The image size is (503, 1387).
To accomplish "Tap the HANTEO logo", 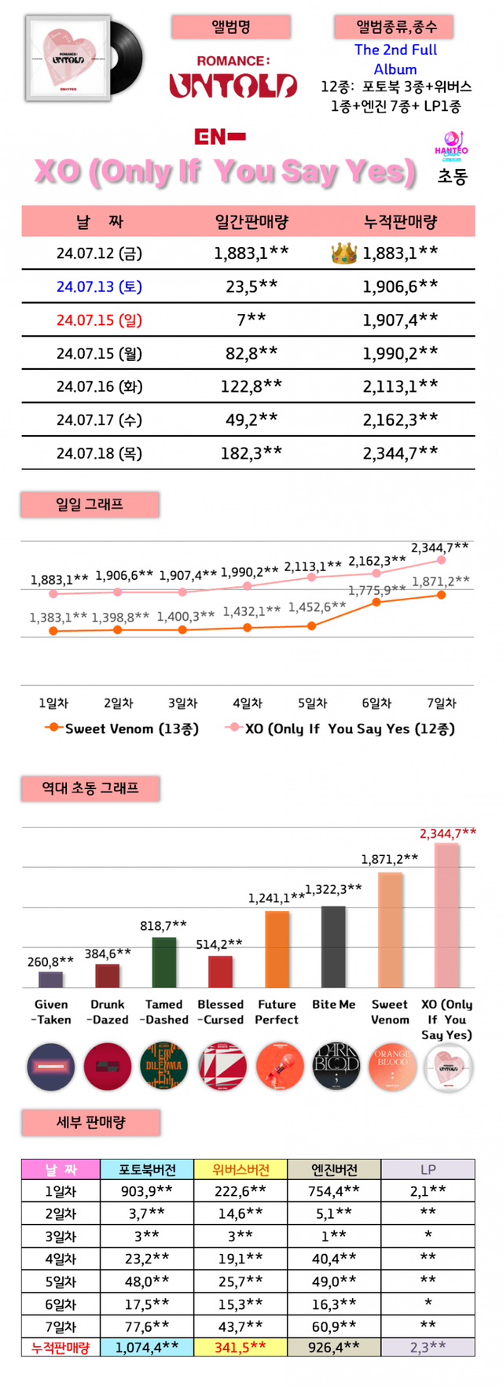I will pos(451,146).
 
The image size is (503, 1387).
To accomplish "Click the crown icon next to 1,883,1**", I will pos(343,253).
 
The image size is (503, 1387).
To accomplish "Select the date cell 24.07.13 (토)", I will pos(99,286).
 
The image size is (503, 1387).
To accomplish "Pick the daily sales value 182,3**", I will pos(251,453).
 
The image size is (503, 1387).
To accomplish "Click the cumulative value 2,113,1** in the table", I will pos(400,386).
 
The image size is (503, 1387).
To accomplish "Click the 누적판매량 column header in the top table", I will pos(400,222).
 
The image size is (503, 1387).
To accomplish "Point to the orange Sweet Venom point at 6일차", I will pos(376,602).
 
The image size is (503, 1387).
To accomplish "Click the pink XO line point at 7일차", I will pos(442,560).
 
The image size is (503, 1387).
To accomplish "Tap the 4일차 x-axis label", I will pos(247,703).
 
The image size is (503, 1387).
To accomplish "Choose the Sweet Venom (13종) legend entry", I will pos(122,729).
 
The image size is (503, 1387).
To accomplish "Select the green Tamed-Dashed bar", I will pos(163,962).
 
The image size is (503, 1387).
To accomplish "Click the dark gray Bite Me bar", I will pos(333,946).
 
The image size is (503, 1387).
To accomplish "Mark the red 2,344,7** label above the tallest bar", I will pos(447,833).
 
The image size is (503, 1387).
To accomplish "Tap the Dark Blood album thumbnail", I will pos(336,1067).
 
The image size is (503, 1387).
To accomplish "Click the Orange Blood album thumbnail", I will pos(391,1067).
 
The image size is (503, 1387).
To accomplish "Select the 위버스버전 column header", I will pos(240,1169).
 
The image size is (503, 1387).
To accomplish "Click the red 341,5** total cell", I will pos(240,1347).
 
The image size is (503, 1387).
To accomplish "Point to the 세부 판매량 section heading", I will pos(90,1123).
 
